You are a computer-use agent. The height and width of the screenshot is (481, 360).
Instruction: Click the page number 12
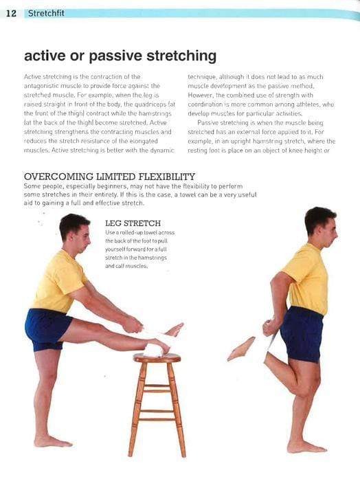coord(11,13)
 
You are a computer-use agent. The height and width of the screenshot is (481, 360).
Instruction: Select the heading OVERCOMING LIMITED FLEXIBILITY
coord(109,177)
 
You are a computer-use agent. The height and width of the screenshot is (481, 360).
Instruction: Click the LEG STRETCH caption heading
coord(133,223)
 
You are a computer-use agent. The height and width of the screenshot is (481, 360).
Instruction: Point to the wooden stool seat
coord(157,358)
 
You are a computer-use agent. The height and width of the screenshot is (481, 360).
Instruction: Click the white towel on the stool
coord(153,349)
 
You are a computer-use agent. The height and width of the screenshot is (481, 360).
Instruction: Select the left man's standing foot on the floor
coord(52,440)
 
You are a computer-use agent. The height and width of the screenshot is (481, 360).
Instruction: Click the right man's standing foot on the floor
coord(306,446)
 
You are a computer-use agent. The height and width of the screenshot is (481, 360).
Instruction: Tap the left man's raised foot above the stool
coord(172,331)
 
